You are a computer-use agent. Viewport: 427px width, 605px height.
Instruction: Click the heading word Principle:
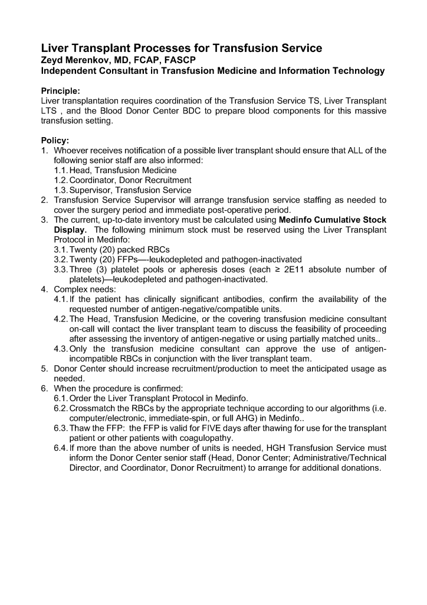click(60, 91)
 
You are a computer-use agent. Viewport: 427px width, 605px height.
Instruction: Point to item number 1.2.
click(61, 180)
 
